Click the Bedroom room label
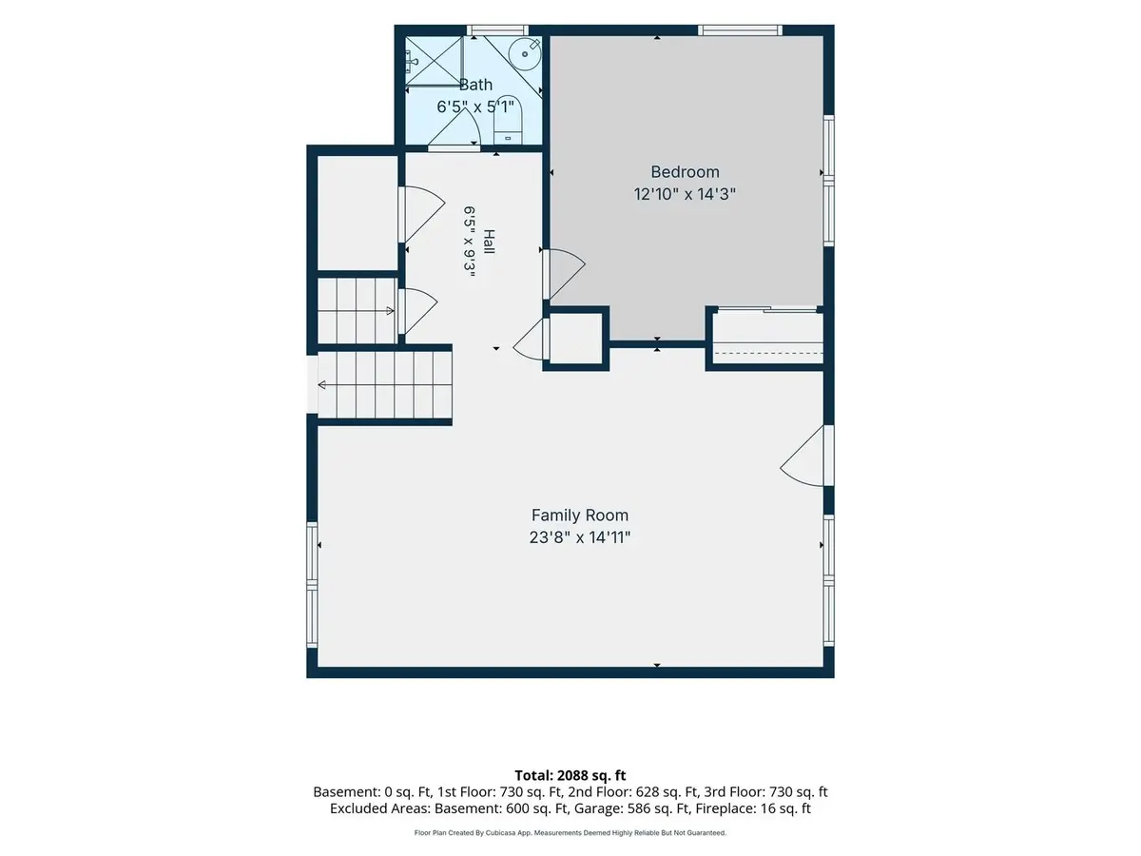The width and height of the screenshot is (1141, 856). (x=685, y=172)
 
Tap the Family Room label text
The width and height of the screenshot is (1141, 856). (x=580, y=516)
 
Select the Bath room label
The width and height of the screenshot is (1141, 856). (x=475, y=85)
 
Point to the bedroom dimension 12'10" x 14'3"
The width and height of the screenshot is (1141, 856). (x=685, y=194)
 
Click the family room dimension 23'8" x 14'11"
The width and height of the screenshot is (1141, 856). (x=580, y=536)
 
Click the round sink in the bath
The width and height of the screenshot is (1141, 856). (x=524, y=53)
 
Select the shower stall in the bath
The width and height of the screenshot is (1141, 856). (x=434, y=60)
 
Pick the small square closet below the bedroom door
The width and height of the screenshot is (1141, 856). (x=576, y=339)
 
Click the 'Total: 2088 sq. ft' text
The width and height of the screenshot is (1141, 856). (x=570, y=776)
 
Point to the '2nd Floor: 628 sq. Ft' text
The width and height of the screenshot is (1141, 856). (x=632, y=792)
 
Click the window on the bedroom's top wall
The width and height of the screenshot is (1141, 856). (x=740, y=30)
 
